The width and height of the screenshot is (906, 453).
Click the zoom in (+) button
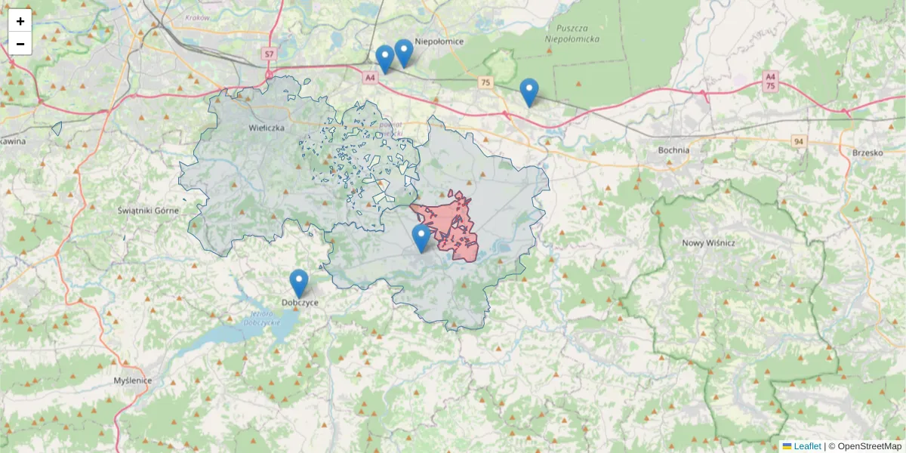click(20, 21)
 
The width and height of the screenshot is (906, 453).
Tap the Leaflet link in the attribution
click(806, 446)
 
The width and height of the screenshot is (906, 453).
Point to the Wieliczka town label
click(267, 128)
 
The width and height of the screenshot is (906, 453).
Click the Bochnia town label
click(673, 149)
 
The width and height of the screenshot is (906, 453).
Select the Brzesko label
click(867, 152)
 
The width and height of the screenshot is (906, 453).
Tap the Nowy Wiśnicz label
click(708, 242)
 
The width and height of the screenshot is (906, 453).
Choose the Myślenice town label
click(132, 381)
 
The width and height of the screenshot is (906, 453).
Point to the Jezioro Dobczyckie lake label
click(262, 317)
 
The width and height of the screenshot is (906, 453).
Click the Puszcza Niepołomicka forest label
click(572, 32)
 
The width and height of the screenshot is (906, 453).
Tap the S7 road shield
click(270, 54)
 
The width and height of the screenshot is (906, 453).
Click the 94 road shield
click(799, 141)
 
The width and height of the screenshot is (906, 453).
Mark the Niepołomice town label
click(439, 42)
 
